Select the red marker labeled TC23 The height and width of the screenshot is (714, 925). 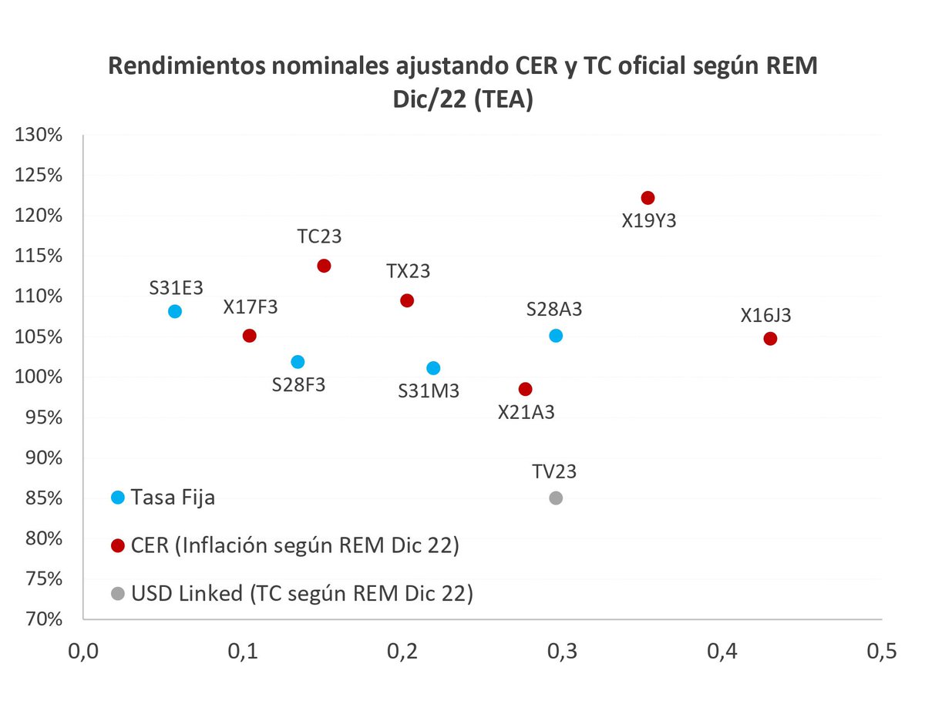[x=324, y=266]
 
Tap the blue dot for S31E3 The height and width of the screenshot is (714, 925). [x=175, y=311]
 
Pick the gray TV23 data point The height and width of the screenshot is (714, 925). [x=556, y=498]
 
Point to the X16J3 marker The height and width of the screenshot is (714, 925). [x=770, y=339]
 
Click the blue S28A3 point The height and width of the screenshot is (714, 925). [x=556, y=336]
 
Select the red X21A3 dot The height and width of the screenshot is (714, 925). [x=526, y=389]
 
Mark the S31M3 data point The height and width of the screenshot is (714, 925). [x=433, y=368]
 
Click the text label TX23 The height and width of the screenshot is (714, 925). [x=408, y=271]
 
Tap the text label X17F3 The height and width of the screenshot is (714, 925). [x=251, y=307]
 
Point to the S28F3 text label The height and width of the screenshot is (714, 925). [x=298, y=385]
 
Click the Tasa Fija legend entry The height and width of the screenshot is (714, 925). [x=173, y=498]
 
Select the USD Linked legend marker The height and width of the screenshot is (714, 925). [x=117, y=594]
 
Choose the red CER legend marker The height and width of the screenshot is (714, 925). [x=117, y=546]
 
